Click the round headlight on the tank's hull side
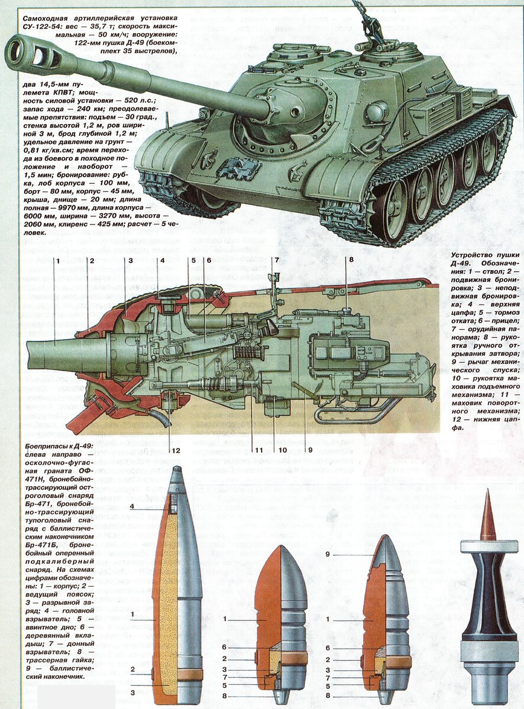[376, 111]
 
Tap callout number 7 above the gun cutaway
[276, 259]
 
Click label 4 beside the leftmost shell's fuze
[132, 507]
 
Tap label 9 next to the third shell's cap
[328, 554]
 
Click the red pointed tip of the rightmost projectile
[487, 514]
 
